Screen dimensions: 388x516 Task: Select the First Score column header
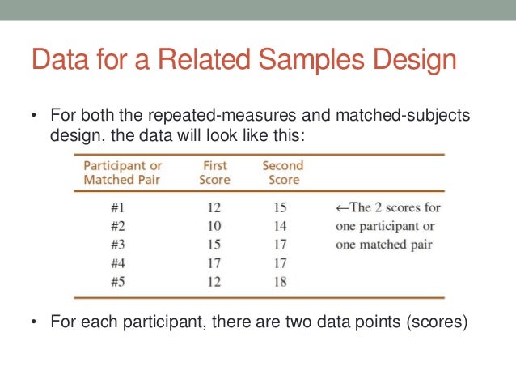(x=214, y=173)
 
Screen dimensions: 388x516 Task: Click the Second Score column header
(x=281, y=173)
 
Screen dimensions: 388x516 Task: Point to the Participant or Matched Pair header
(x=123, y=173)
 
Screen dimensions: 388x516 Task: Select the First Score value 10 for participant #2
(x=214, y=225)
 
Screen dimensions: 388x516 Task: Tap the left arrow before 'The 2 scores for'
(x=341, y=207)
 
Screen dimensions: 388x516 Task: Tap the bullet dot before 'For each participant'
(x=34, y=322)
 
